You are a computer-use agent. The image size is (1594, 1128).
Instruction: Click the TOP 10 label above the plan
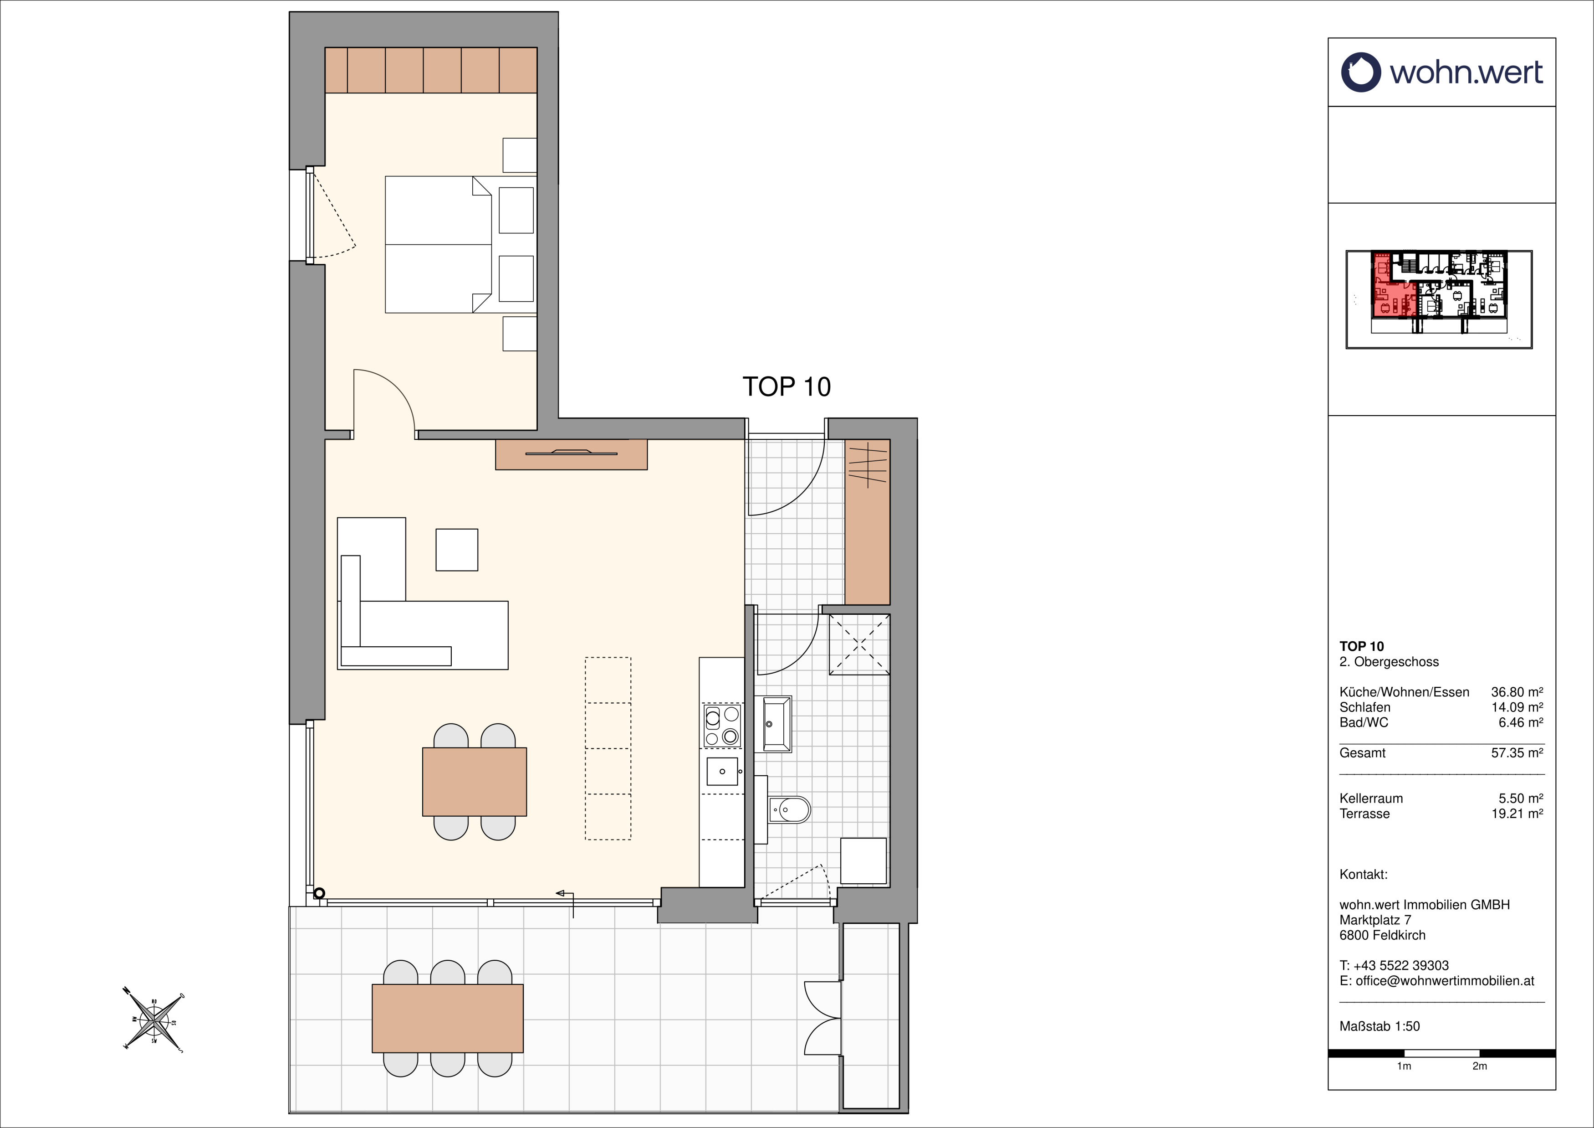coord(787,387)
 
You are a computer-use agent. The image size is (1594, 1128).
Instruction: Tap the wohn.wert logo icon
coord(1361,72)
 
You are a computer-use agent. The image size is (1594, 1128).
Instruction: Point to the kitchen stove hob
coord(722,726)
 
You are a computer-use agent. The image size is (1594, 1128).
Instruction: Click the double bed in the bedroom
coord(439,244)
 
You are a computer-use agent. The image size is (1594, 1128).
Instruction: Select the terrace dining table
coord(448,1018)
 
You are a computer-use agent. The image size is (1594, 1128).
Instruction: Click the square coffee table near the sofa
coord(457,550)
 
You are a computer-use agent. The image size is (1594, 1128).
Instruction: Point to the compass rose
coord(154,1021)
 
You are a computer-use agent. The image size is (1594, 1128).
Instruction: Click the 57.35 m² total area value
coord(1517,753)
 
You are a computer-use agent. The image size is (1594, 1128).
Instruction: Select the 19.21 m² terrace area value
coord(1517,814)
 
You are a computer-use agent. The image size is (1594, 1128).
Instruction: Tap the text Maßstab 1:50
coord(1379,1026)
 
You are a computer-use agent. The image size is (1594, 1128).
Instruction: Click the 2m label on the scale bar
coord(1479,1066)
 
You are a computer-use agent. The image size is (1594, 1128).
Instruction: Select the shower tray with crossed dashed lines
coord(859,644)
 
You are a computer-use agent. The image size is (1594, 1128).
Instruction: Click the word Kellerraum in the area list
coord(1371,799)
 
